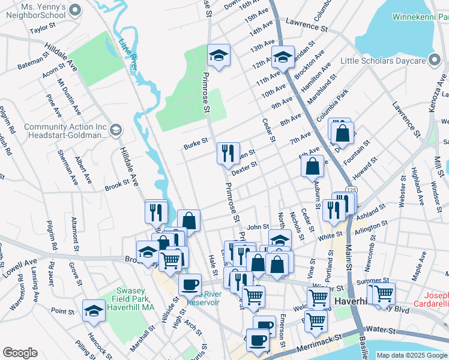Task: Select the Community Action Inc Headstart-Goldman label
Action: (65, 131)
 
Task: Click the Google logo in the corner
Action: (20, 353)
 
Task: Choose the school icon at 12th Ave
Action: (283, 58)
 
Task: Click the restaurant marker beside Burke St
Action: (228, 154)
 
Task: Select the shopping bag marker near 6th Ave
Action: (313, 166)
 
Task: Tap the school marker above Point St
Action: (94, 311)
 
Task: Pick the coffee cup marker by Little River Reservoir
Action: (190, 284)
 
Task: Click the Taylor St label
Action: (43, 28)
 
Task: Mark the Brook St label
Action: (117, 184)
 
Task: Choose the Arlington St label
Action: (372, 228)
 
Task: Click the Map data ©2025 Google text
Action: (412, 355)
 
